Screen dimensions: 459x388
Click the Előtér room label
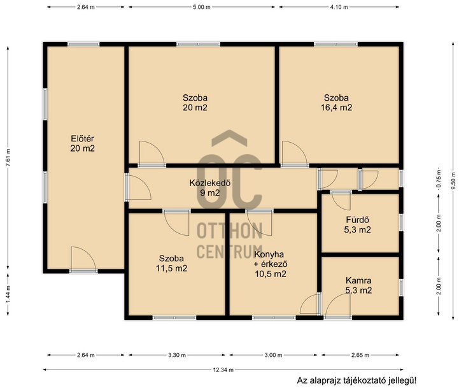tap(83, 138)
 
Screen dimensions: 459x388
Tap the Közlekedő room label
tap(210, 183)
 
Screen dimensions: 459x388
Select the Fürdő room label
tap(357, 220)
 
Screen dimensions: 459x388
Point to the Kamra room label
tap(358, 280)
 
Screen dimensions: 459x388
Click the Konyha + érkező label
tap(271, 259)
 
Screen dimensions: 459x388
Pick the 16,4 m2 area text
tap(336, 108)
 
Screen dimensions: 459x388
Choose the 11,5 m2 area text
tap(171, 268)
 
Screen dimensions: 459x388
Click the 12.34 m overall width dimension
tap(223, 370)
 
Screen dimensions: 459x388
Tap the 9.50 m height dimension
tap(454, 181)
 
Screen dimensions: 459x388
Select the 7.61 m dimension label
tap(8, 157)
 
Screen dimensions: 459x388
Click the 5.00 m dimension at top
tap(202, 7)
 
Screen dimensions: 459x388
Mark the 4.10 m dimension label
tap(339, 7)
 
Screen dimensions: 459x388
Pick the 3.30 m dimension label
tap(177, 355)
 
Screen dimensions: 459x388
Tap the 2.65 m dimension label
tap(360, 355)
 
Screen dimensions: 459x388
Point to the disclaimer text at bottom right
tap(357, 381)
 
